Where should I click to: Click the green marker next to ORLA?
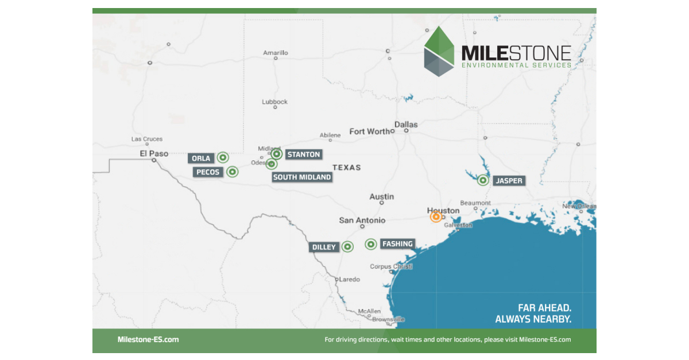[222, 157]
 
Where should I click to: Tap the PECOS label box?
[208, 172]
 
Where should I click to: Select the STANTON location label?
[303, 154]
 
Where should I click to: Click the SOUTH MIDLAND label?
[302, 177]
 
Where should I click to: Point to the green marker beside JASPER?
[483, 180]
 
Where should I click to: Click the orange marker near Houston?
[436, 216]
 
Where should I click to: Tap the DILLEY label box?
[324, 247]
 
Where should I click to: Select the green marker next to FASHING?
[371, 244]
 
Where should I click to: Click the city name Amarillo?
[276, 53]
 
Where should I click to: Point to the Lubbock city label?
[274, 102]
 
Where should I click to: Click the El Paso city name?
[154, 153]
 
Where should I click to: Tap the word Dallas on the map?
[406, 124]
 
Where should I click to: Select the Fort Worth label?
[369, 131]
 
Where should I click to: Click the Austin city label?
[382, 196]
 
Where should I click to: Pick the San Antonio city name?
[362, 220]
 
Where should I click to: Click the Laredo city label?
[350, 279]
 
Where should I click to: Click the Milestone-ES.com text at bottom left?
[148, 339]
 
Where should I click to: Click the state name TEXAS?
[347, 167]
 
